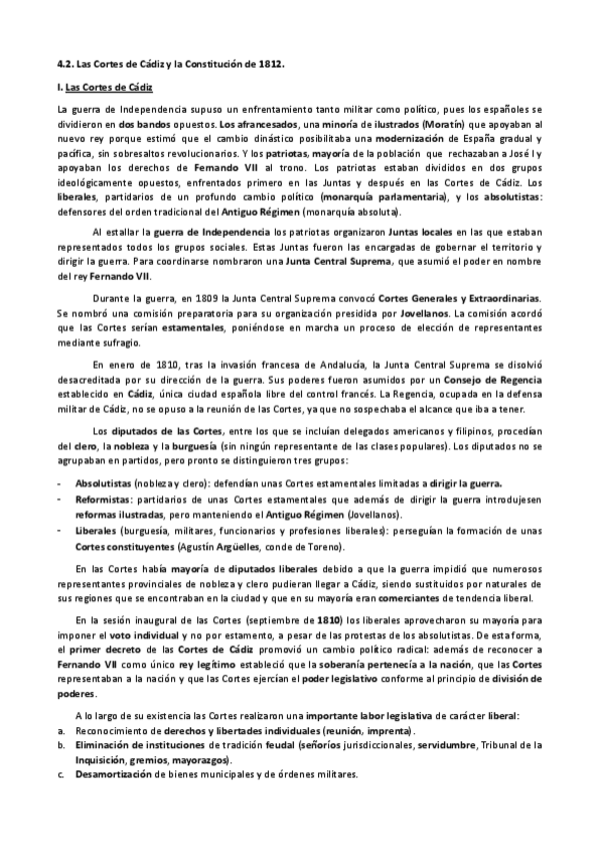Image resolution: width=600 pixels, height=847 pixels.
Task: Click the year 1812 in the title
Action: (270, 62)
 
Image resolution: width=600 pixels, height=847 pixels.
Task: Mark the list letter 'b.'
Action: (61, 744)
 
